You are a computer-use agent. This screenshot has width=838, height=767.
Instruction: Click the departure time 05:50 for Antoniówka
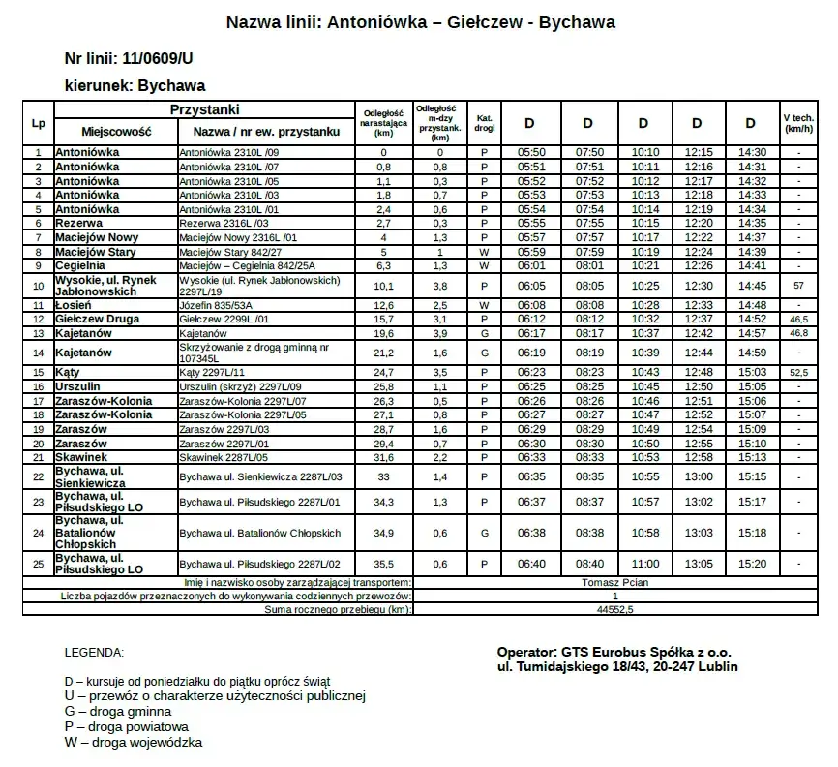click(x=532, y=152)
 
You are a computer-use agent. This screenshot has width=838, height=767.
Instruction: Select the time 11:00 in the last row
click(x=645, y=564)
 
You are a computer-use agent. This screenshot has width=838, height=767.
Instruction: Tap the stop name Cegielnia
click(x=80, y=265)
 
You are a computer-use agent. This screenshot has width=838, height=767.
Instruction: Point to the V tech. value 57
click(x=798, y=286)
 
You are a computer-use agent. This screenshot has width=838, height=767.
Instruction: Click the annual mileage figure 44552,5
click(x=615, y=610)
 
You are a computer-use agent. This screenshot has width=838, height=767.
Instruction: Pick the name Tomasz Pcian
click(x=615, y=583)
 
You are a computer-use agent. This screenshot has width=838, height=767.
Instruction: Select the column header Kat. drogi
click(x=485, y=123)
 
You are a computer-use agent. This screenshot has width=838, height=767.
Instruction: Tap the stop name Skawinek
click(x=81, y=457)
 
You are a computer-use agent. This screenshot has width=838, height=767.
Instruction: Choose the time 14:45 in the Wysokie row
click(x=752, y=286)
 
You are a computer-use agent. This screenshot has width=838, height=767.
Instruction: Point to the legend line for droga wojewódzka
click(x=134, y=743)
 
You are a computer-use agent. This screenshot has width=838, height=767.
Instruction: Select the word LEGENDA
click(x=94, y=653)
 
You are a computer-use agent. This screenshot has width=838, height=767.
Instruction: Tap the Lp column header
click(x=38, y=123)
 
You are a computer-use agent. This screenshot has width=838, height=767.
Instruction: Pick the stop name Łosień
click(x=74, y=305)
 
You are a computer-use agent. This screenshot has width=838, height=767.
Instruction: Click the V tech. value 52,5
click(x=798, y=372)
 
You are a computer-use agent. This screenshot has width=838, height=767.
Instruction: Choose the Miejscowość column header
click(x=105, y=131)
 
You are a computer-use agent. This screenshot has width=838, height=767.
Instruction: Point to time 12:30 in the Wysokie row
click(x=699, y=286)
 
